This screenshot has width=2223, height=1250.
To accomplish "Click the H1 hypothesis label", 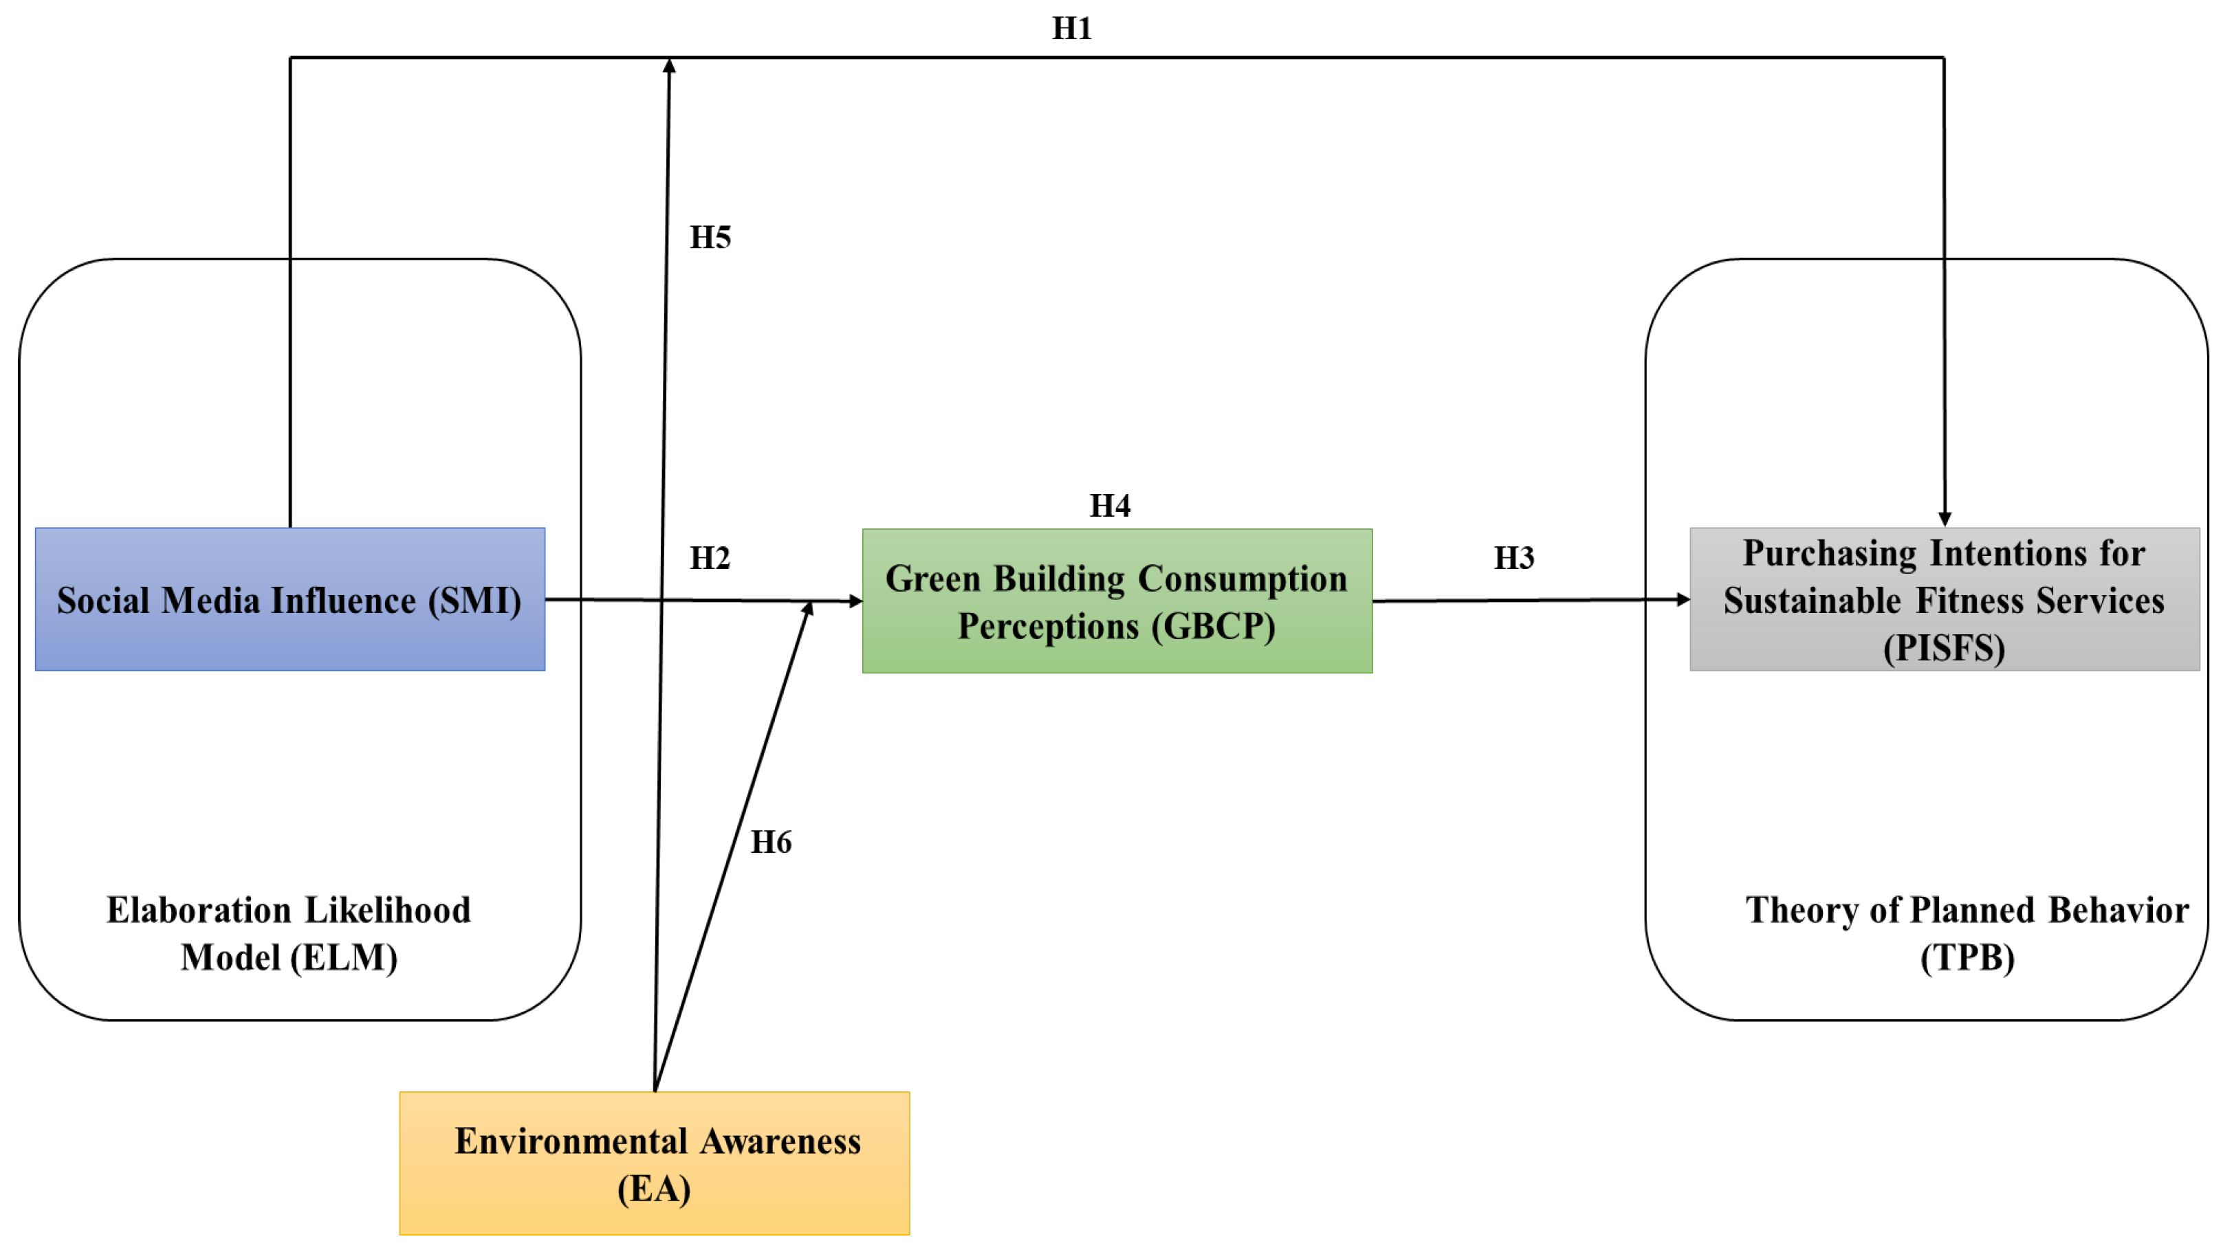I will pos(1072,28).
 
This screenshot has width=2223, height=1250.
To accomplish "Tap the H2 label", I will pos(710,558).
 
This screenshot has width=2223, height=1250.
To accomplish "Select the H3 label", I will pos(1513,558).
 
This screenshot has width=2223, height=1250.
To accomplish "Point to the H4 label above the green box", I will pos(1110,506).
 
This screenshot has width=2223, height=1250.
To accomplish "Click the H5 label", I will pos(710,237).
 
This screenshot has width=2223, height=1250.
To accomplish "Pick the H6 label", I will pos(771,842).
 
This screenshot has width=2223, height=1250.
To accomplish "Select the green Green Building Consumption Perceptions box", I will pos(1117,601).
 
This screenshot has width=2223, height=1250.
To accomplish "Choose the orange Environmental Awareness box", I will pos(654,1163).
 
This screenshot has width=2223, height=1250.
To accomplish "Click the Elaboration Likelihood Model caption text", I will pos(288,933).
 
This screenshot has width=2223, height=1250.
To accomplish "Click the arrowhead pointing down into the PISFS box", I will pos(1945,518).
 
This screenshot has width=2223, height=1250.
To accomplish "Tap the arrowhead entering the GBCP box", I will pos(855,601).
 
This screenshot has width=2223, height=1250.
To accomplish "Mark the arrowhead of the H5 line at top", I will pos(669,65).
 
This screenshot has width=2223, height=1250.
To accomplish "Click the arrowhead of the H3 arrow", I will pos(1682,599).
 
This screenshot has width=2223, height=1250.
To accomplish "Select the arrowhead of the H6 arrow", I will pos(808,609).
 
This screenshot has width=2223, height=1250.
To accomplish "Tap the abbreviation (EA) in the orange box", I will pos(653,1189).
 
